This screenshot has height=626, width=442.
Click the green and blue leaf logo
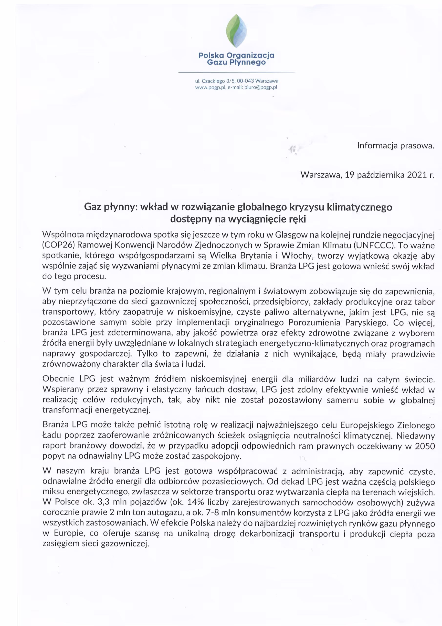point(236,31)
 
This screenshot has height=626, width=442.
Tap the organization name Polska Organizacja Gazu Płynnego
point(236,59)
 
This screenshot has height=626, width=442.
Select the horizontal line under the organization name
point(236,72)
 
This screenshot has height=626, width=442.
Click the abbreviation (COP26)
point(58,245)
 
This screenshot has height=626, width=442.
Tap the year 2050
point(425,446)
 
